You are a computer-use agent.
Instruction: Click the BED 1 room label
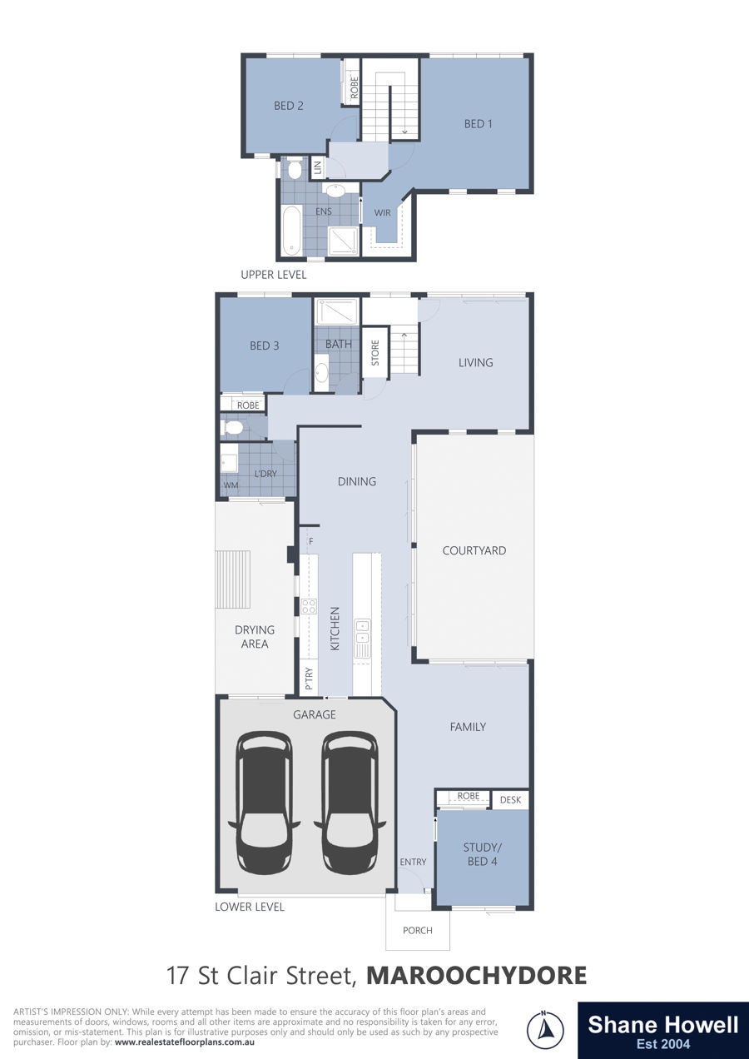pyautogui.click(x=478, y=124)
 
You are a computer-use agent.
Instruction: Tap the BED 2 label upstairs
pyautogui.click(x=288, y=106)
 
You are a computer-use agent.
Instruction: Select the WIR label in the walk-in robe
pyautogui.click(x=382, y=213)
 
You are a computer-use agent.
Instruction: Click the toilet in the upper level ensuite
pyautogui.click(x=295, y=169)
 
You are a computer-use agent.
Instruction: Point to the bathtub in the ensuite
pyautogui.click(x=292, y=231)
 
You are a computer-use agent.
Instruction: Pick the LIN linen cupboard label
pyautogui.click(x=318, y=167)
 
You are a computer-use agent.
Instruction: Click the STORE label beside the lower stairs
pyautogui.click(x=375, y=353)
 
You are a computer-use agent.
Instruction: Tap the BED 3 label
pyautogui.click(x=264, y=346)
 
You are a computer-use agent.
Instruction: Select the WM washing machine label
pyautogui.click(x=231, y=485)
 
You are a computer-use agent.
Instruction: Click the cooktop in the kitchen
pyautogui.click(x=309, y=605)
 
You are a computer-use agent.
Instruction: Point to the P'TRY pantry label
pyautogui.click(x=309, y=679)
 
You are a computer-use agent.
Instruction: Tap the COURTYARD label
pyautogui.click(x=474, y=550)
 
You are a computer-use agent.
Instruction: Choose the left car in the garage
pyautogui.click(x=264, y=804)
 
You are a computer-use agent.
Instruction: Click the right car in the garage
pyautogui.click(x=350, y=804)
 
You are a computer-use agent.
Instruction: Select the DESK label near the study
pyautogui.click(x=510, y=800)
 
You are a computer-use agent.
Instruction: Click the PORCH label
pyautogui.click(x=417, y=931)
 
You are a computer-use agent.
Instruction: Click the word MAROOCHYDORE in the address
pyautogui.click(x=477, y=975)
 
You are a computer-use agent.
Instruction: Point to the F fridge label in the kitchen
pyautogui.click(x=311, y=541)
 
